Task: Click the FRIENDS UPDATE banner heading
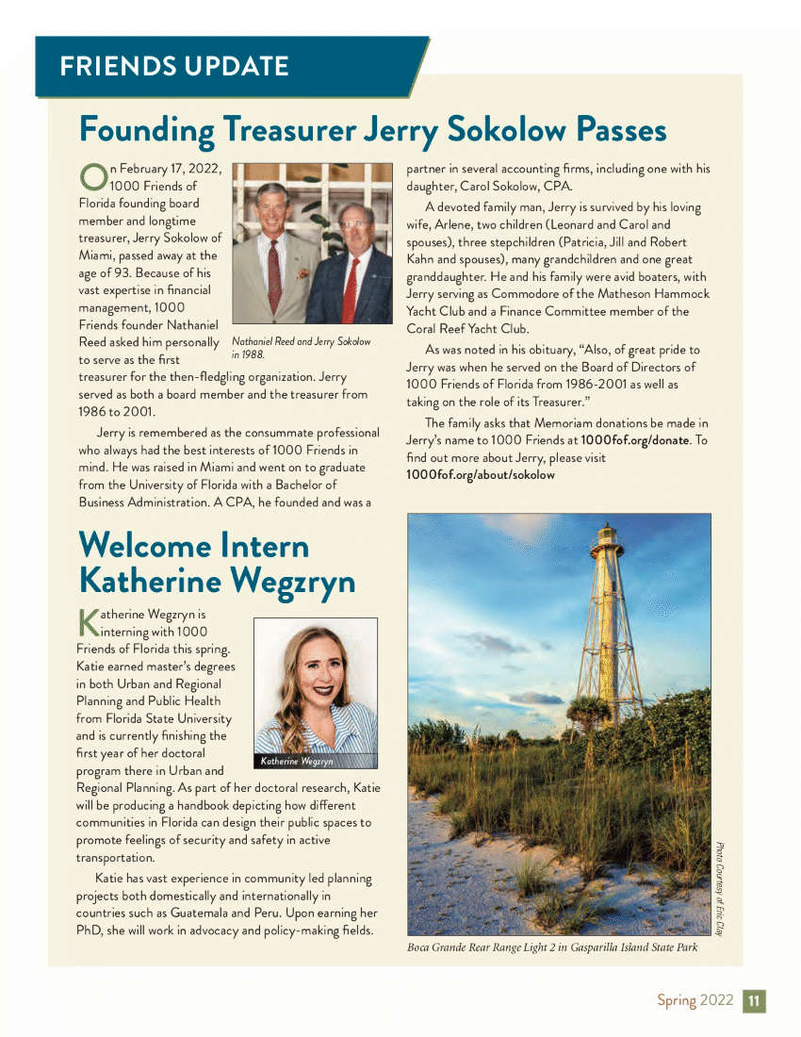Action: pyautogui.click(x=173, y=67)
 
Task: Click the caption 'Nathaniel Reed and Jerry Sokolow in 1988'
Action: pyautogui.click(x=301, y=348)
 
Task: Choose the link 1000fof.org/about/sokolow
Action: pyautogui.click(x=480, y=474)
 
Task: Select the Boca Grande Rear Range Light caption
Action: pyautogui.click(x=552, y=947)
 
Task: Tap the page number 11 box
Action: pyautogui.click(x=755, y=1001)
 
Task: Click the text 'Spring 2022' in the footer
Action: pyautogui.click(x=695, y=1001)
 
